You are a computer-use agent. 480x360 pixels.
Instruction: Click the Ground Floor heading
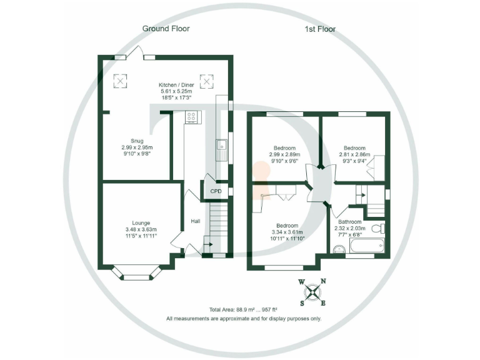[166, 28]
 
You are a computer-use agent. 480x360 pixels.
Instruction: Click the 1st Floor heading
[319, 29]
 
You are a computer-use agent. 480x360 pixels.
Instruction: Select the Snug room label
[137, 141]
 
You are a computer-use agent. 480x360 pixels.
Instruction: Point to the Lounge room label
[141, 222]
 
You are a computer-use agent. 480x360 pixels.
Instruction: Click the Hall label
[195, 221]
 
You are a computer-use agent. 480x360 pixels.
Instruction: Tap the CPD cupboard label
[216, 191]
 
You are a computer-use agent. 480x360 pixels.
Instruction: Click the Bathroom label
[350, 222]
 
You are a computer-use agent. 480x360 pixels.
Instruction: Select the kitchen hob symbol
[191, 116]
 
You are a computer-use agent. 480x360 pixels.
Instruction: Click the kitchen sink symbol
[221, 150]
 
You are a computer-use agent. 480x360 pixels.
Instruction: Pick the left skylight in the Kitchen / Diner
[120, 80]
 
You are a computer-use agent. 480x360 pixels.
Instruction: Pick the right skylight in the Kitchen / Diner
[206, 81]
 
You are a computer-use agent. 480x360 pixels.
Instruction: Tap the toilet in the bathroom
[377, 229]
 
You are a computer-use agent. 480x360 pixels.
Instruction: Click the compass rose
[312, 292]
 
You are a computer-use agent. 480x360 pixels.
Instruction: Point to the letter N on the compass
[323, 281]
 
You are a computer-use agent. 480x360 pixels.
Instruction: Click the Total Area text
[244, 309]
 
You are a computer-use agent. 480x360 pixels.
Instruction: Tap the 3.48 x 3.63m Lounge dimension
[140, 229]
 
